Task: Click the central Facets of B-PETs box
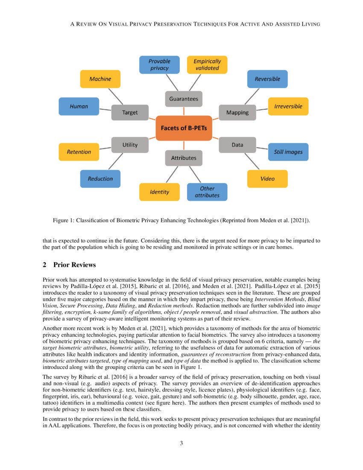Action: [184, 128]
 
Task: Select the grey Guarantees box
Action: [184, 99]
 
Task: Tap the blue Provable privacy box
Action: [159, 65]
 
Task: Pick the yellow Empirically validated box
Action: [207, 65]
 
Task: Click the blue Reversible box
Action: [267, 79]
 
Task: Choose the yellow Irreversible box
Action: [288, 106]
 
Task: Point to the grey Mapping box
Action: [237, 112]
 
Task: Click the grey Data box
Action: [237, 145]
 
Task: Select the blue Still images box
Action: [288, 152]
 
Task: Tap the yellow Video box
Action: [267, 179]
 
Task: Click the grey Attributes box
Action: [184, 158]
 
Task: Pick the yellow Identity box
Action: [159, 192]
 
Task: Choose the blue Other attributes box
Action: [207, 192]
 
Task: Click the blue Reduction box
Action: [100, 179]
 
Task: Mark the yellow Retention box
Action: [79, 152]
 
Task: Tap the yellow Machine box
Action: [100, 79]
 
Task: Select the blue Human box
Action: [79, 106]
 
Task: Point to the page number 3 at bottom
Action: [181, 443]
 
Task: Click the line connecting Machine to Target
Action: [116, 97]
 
